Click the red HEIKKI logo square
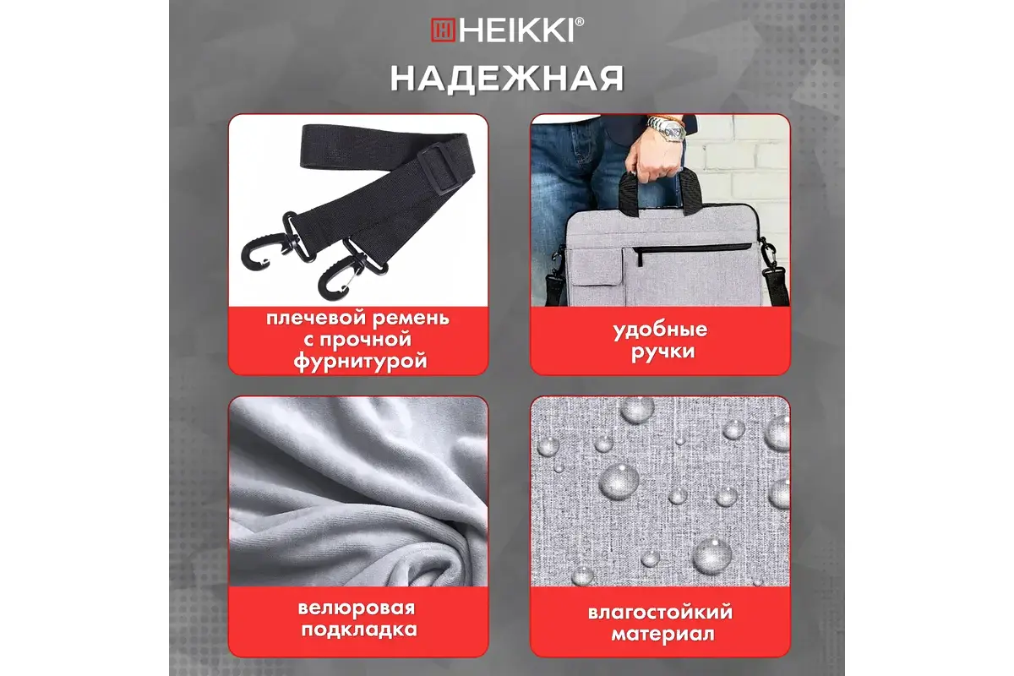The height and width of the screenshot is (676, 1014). point(442,30)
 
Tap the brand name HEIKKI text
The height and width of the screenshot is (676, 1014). point(516,30)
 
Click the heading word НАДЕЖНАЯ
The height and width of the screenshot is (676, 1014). point(507,79)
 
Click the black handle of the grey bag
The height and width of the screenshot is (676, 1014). point(657,190)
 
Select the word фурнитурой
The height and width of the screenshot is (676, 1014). point(360,362)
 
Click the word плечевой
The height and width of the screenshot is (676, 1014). point(313,319)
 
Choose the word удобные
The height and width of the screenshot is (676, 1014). point(660,330)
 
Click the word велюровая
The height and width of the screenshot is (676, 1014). point(357,608)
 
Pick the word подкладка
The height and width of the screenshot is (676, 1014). point(359,630)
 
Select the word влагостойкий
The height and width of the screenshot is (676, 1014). point(660,613)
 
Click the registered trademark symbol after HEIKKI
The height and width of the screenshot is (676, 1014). point(579,21)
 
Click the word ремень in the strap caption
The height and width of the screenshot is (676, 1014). point(411,319)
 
